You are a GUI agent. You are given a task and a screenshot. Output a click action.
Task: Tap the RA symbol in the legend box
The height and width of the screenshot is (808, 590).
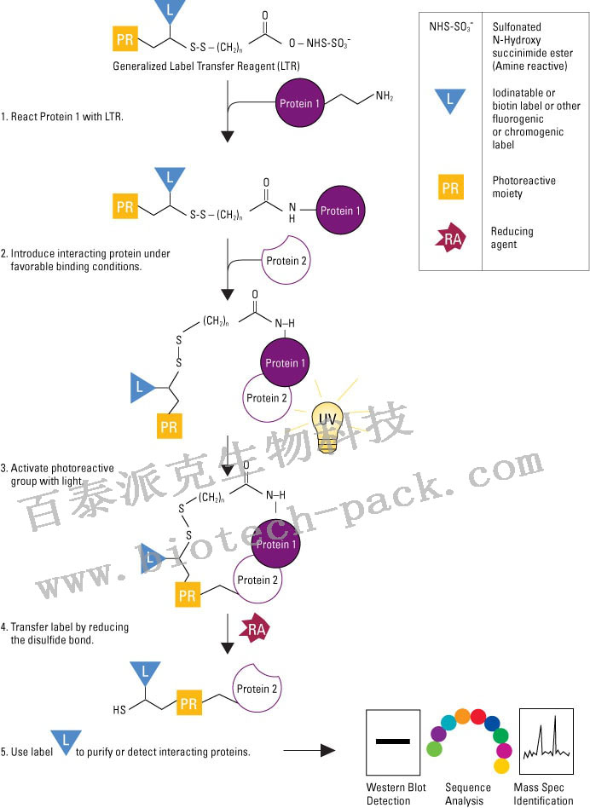449,240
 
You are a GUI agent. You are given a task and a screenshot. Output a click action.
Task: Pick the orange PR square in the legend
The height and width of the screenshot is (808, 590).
449,188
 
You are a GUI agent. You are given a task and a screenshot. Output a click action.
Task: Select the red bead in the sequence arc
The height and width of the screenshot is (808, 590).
478,717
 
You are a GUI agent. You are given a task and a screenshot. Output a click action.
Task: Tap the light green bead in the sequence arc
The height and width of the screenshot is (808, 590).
434,749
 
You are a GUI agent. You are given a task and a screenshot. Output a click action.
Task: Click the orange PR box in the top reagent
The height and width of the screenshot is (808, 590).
126,38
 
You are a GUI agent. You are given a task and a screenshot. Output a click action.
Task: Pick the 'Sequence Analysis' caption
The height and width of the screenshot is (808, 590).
468,794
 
